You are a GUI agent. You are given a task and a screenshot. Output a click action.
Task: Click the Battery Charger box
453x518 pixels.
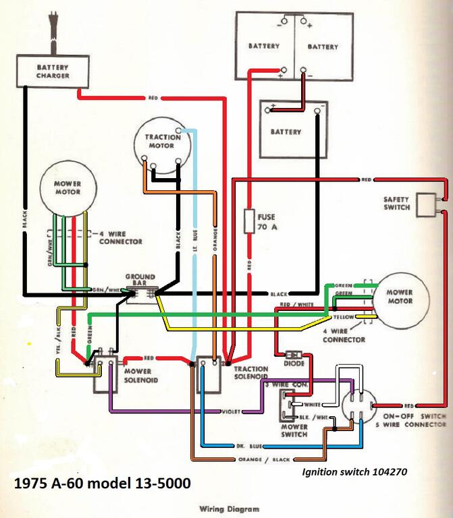(53, 71)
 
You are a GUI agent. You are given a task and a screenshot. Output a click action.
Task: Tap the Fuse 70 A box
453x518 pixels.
(248, 223)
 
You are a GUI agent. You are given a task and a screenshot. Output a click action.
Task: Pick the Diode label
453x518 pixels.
(294, 364)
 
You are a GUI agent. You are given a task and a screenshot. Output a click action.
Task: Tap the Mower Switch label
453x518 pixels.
(294, 431)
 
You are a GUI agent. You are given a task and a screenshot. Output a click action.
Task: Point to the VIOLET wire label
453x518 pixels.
(231, 411)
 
